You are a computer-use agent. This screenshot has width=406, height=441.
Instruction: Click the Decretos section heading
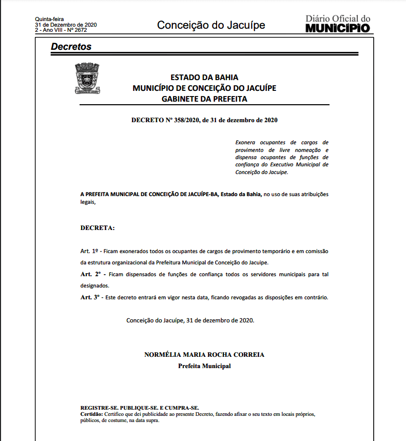click(x=71, y=47)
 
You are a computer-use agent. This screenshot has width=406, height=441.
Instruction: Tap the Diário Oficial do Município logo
click(x=337, y=24)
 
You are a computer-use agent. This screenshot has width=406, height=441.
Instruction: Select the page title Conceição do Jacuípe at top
click(x=211, y=25)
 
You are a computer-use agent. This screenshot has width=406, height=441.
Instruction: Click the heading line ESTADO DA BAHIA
click(x=204, y=78)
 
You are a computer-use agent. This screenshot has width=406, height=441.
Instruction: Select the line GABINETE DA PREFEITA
click(x=204, y=99)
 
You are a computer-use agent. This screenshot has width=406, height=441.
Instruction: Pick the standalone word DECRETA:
click(x=98, y=227)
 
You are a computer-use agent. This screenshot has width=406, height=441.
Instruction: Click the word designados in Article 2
click(x=95, y=285)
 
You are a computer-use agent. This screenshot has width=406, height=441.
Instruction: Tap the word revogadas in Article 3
click(x=251, y=297)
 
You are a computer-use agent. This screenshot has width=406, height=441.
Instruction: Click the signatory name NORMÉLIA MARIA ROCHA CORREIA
click(x=204, y=355)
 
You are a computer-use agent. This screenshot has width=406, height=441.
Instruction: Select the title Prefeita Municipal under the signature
click(x=204, y=366)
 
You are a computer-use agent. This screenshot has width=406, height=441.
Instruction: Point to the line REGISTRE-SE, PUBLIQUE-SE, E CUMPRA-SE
click(x=140, y=408)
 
